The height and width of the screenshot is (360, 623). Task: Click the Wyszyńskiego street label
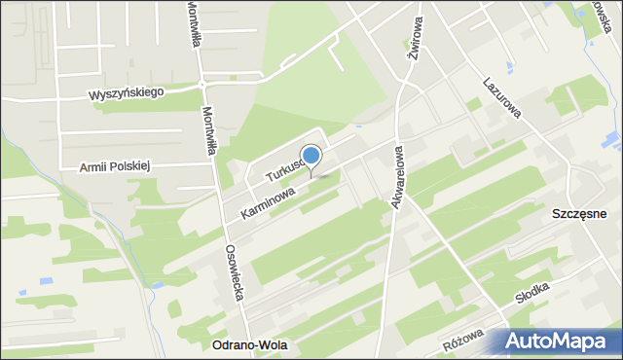[128, 92]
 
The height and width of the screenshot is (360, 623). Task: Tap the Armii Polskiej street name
[117, 166]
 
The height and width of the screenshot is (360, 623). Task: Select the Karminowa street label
[262, 203]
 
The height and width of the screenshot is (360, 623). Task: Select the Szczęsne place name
[579, 214]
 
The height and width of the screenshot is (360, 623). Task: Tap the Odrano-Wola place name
[250, 345]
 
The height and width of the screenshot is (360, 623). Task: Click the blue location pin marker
[311, 157]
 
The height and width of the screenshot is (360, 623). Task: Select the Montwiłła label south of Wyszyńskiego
[207, 131]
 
